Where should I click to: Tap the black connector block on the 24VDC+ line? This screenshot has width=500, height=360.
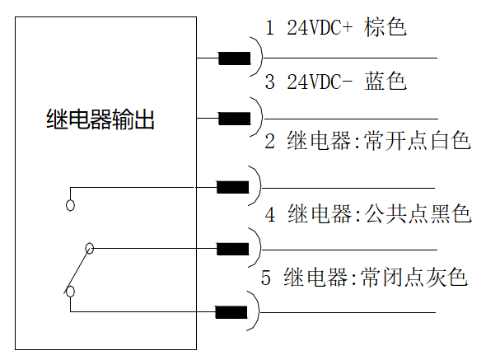(234, 58)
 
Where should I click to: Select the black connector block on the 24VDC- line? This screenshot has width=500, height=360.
(234, 119)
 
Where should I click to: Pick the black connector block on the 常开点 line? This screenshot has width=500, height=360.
(232, 186)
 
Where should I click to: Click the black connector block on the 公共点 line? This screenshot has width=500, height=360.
(232, 248)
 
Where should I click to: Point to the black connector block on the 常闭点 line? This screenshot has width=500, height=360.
(232, 312)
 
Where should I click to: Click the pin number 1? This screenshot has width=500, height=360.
(269, 28)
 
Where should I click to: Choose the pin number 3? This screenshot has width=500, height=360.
(269, 82)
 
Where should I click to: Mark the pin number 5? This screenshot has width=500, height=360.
(266, 277)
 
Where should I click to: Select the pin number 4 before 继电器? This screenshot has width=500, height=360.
(269, 215)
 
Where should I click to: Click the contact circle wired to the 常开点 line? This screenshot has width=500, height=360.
(71, 203)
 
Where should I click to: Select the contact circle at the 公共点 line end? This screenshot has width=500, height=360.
(89, 248)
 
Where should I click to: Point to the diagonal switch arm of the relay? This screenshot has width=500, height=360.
(80, 269)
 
